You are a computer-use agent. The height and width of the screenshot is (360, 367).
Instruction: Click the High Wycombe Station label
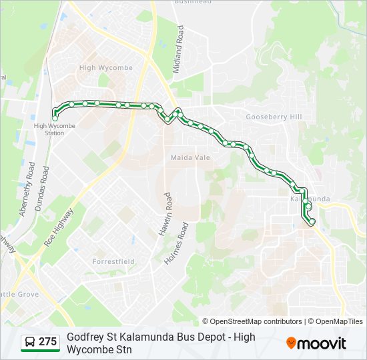55,129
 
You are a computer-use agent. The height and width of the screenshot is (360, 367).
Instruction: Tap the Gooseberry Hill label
274,117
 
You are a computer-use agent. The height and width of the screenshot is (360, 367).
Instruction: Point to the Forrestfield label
113,261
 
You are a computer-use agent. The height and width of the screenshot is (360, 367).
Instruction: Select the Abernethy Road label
27,189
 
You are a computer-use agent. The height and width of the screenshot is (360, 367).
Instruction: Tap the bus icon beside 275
29,343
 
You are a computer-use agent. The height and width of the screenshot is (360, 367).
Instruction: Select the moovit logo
316,343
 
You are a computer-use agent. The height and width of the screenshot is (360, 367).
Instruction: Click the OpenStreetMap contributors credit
253,321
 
